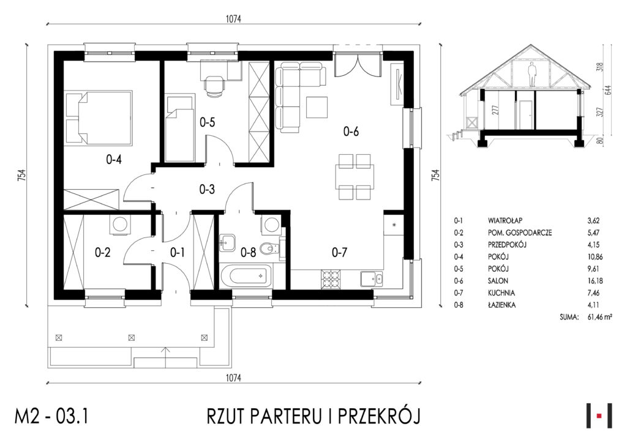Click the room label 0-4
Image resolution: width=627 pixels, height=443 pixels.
click(x=113, y=160)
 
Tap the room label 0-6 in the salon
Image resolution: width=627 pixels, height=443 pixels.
click(x=351, y=131)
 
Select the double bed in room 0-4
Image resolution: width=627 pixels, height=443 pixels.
click(x=99, y=117)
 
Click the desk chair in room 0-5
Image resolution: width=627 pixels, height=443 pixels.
click(x=214, y=86)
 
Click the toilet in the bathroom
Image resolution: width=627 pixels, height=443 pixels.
click(x=269, y=250)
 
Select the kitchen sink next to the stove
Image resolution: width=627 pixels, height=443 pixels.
click(x=372, y=279)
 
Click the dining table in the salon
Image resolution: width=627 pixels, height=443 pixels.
click(x=355, y=177)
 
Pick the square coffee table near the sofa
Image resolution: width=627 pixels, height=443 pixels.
click(x=318, y=106)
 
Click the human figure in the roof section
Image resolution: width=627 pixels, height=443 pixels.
click(x=532, y=74)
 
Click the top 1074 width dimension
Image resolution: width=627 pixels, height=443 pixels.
click(x=233, y=19)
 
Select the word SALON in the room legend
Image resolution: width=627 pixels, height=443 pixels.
click(x=498, y=281)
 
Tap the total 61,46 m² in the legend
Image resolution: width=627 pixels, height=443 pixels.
click(x=600, y=317)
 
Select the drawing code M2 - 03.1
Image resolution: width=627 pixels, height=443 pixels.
click(x=51, y=416)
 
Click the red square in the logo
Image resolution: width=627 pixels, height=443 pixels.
click(x=599, y=416)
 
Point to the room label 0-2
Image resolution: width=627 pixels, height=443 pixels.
click(x=102, y=253)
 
